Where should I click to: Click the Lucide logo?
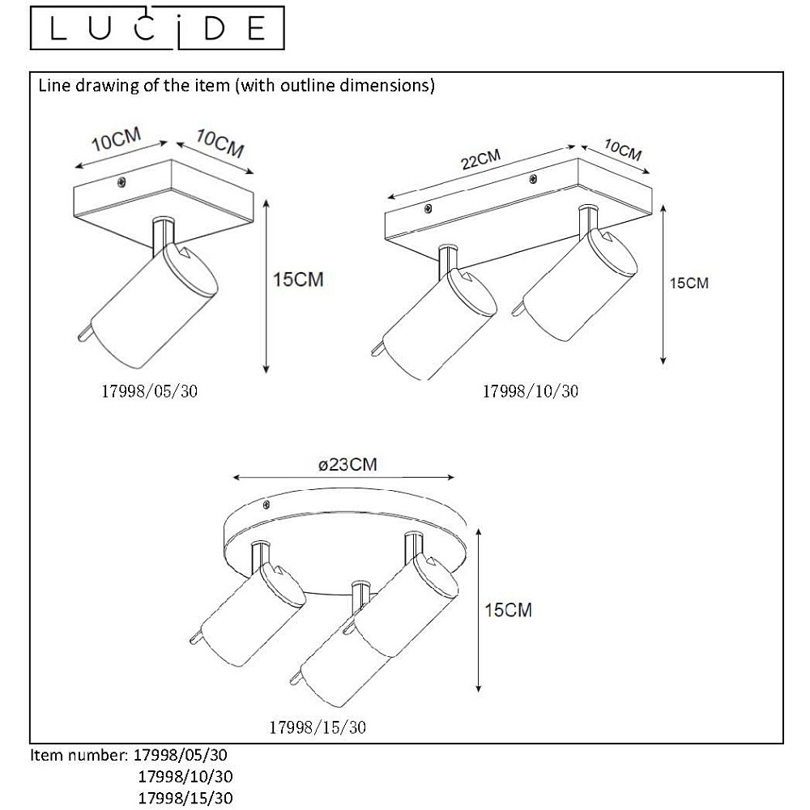coord(157,28)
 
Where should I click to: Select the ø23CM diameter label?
coord(347,464)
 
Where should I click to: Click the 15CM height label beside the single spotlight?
coord(298,279)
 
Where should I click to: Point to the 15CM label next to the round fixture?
coord(508,610)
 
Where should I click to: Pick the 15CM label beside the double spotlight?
coord(689,283)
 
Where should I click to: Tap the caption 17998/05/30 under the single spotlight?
coord(149,391)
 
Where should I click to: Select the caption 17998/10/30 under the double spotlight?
coord(531,391)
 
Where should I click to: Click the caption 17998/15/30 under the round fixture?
coord(318,727)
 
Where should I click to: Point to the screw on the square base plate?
coord(122,181)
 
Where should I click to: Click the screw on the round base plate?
coord(266,504)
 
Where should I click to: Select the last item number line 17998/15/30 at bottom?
coord(185,798)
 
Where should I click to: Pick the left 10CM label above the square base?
coord(116,139)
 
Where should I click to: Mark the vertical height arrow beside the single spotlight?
coord(266,286)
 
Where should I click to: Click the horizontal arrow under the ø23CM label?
coord(343,477)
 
